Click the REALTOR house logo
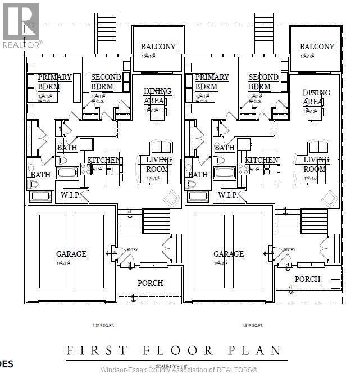point(20,22)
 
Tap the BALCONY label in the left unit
point(158,47)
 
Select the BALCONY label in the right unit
point(317,47)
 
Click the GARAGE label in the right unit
point(228,254)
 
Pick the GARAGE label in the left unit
point(71,254)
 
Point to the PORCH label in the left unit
point(150,283)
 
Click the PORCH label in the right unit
point(307,279)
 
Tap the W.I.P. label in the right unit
point(228,195)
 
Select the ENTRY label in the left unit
point(133,249)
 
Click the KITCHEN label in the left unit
point(105,160)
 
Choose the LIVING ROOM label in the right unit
point(316,164)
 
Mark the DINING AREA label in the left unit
point(158,96)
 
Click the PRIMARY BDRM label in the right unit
point(212,82)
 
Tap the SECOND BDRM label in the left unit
point(106,82)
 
